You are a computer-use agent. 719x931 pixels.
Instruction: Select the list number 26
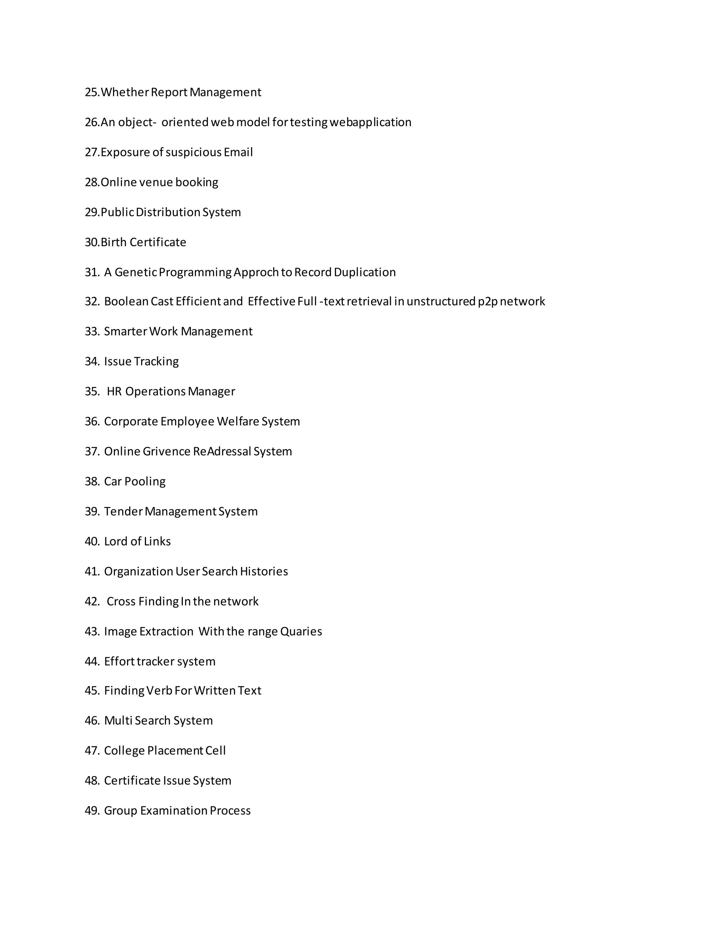(x=92, y=122)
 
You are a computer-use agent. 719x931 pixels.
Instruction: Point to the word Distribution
(x=167, y=212)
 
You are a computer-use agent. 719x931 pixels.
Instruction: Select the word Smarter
(x=125, y=331)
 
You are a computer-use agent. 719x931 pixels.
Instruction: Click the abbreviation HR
(x=114, y=391)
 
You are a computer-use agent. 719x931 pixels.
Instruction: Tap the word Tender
(x=123, y=511)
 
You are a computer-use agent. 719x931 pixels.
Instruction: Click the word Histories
(x=264, y=571)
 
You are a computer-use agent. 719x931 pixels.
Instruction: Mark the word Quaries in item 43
(x=301, y=631)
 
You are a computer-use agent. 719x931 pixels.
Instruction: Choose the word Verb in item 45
(x=159, y=691)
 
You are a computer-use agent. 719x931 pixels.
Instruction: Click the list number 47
(x=92, y=751)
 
